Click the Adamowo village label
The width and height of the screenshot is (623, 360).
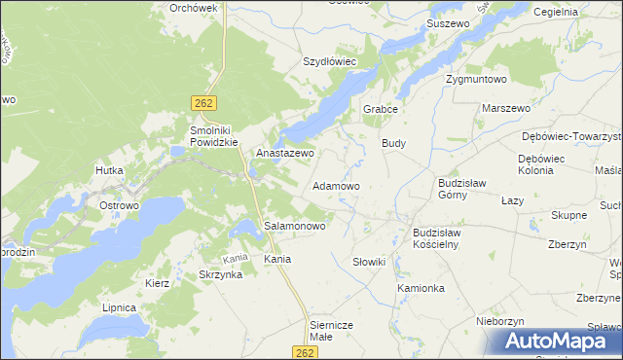(x=336, y=185)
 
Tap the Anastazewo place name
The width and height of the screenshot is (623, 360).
(x=284, y=154)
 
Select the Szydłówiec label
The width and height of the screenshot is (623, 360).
(x=330, y=61)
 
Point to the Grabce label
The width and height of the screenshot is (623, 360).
(x=382, y=110)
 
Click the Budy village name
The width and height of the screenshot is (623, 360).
(x=393, y=143)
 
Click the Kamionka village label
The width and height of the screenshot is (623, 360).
(x=421, y=289)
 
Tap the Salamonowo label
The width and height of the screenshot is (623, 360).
(x=295, y=226)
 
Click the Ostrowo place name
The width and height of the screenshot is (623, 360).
(x=120, y=206)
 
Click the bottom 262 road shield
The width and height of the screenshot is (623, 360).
(x=306, y=351)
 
